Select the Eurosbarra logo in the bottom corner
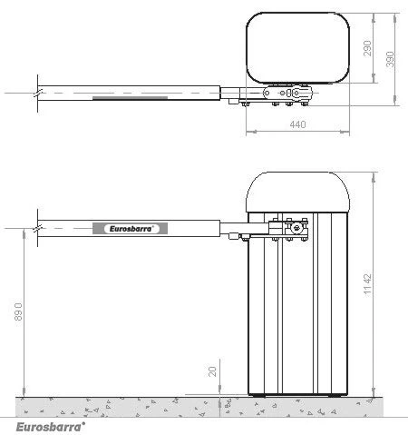[51, 424]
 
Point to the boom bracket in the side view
[288, 231]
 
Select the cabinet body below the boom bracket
[298, 318]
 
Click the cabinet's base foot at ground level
[298, 395]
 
